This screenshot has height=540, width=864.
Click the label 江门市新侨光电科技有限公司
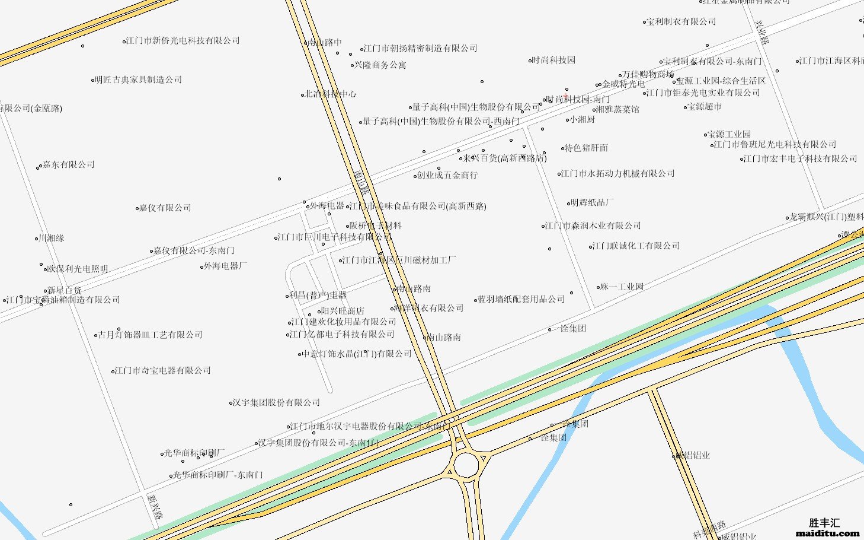[183, 41]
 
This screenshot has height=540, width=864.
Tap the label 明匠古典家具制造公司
[139, 80]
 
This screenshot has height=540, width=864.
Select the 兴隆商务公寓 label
[380, 65]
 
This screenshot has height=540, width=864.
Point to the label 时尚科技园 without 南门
[553, 61]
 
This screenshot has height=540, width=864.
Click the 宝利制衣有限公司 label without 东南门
[681, 22]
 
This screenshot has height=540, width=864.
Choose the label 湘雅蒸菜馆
[617, 110]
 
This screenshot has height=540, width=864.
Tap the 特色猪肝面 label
[586, 148]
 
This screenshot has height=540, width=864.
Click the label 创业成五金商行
[447, 176]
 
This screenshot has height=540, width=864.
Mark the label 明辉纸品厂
[592, 203]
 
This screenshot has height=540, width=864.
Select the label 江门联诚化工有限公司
[636, 246]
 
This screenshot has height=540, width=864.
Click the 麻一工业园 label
[622, 287]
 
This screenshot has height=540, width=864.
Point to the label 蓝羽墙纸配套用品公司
[521, 300]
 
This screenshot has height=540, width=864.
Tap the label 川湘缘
[52, 239]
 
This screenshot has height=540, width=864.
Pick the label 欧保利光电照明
[78, 269]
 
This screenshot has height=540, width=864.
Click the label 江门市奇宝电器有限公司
[163, 371]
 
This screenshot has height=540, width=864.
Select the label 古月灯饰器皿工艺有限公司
[151, 335]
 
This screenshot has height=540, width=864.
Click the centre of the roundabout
[466, 465]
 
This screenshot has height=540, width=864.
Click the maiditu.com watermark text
[827, 533]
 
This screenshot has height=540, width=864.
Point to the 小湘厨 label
[582, 120]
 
